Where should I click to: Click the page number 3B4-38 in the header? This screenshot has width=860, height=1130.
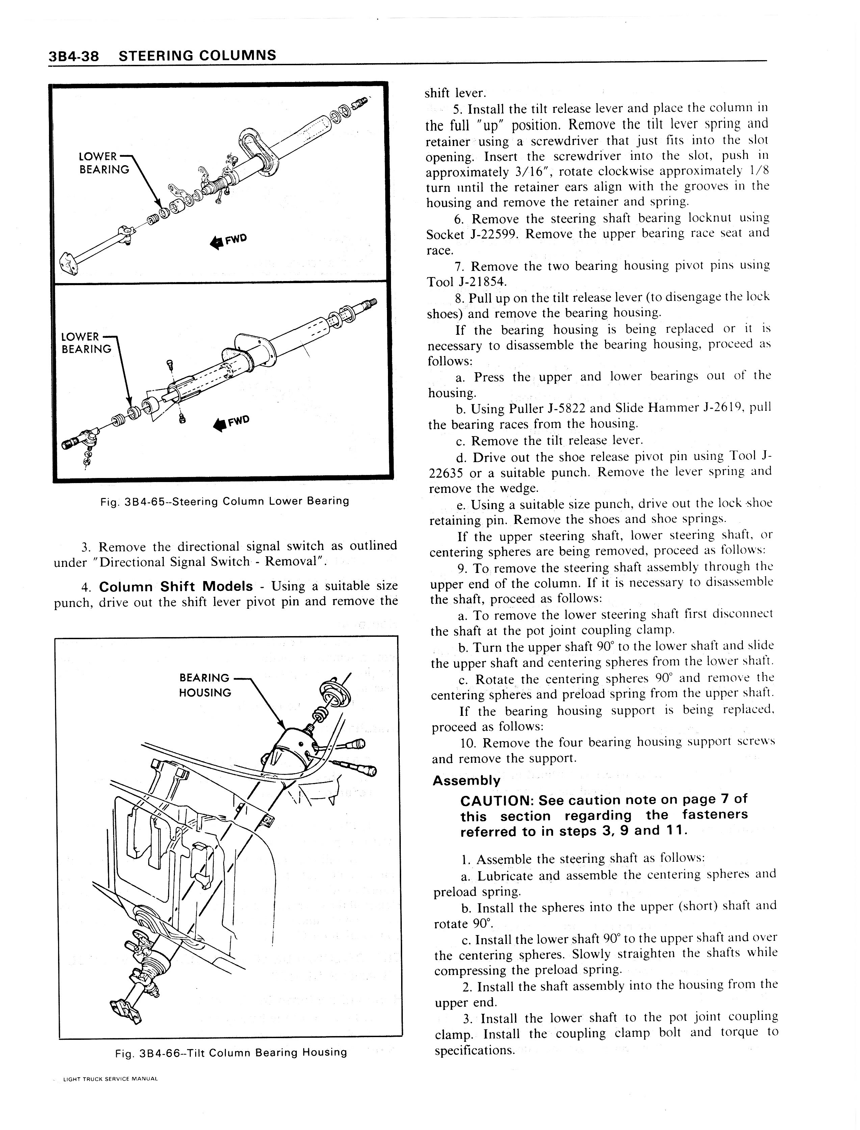point(73,56)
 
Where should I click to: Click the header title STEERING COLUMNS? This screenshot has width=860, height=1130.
point(198,55)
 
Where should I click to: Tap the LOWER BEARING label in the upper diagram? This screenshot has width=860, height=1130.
point(104,163)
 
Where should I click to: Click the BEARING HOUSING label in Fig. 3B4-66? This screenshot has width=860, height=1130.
point(205,685)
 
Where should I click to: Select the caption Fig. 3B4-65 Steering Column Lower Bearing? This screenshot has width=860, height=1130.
point(225,501)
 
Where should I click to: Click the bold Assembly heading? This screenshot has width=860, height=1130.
point(466,781)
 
